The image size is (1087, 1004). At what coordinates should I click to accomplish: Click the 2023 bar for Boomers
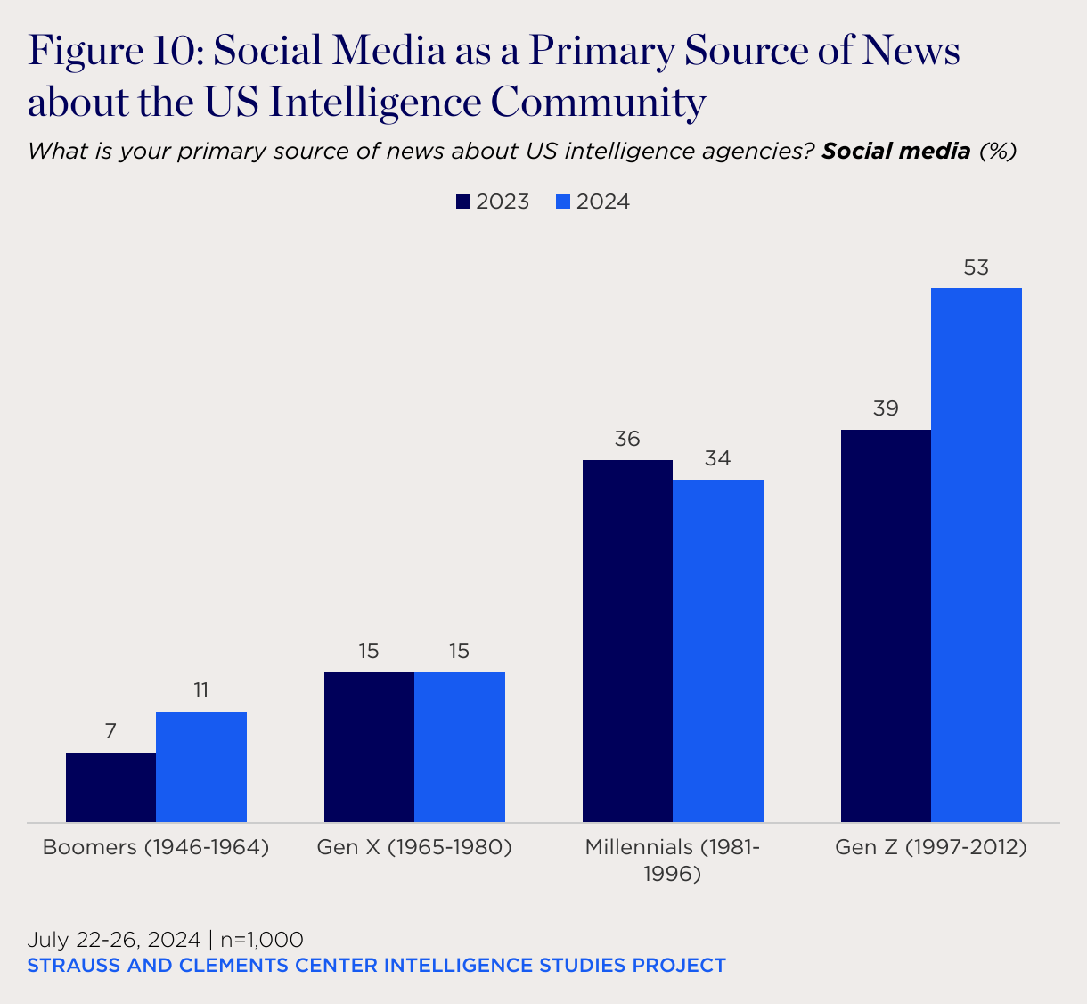(x=111, y=786)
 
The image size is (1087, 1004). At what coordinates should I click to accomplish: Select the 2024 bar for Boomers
(x=201, y=767)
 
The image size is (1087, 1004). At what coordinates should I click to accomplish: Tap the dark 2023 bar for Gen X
(x=369, y=746)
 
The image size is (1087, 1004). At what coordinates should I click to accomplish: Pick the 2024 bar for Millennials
(x=718, y=650)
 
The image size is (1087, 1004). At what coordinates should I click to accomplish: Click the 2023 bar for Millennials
(x=627, y=640)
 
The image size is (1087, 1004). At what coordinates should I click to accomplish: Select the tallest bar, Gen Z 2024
(x=977, y=555)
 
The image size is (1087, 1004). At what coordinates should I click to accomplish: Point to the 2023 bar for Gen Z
(x=886, y=625)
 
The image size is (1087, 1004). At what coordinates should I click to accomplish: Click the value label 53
(x=977, y=267)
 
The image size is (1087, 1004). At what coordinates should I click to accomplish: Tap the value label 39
(x=886, y=409)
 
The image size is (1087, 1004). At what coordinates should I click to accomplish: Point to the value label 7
(x=110, y=732)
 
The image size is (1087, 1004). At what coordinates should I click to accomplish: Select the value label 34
(x=718, y=459)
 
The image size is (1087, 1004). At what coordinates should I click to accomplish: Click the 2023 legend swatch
(x=463, y=202)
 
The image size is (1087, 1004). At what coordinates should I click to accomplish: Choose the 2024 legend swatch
(x=562, y=202)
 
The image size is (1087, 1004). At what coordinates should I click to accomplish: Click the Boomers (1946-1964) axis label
(x=156, y=847)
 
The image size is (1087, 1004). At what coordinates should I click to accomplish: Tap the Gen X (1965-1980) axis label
(x=414, y=847)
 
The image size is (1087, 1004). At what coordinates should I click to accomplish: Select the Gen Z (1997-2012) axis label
(x=931, y=847)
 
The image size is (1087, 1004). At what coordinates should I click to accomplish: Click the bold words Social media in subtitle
(x=895, y=151)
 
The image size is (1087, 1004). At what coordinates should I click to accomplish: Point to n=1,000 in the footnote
(x=262, y=940)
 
